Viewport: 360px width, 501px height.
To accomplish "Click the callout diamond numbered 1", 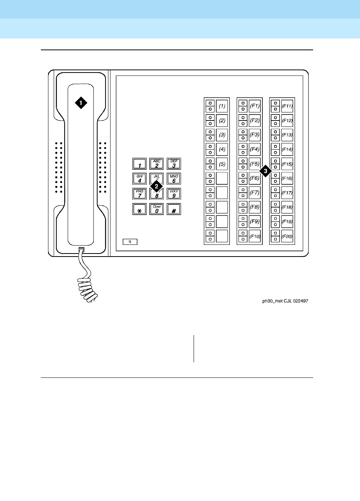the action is [81, 102].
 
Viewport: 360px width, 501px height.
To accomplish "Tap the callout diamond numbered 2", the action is [156, 186].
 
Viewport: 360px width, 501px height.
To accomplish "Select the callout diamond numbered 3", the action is [265, 171].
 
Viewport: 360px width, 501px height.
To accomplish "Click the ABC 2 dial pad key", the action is [157, 164].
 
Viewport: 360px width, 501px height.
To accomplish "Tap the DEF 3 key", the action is [174, 164].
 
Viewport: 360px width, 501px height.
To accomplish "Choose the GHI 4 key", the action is [139, 178].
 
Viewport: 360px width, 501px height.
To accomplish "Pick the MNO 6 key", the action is [174, 178].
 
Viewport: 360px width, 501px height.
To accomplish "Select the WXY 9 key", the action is [174, 193].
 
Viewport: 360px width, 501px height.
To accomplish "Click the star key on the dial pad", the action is [139, 209].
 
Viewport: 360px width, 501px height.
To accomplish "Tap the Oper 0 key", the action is [157, 209].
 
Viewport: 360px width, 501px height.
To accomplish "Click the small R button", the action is [130, 242].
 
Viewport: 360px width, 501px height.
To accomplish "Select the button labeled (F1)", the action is [255, 106].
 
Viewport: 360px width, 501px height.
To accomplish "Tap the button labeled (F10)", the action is [255, 237].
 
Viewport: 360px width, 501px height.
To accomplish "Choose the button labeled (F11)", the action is [287, 106].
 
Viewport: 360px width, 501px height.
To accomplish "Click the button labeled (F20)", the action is [287, 237].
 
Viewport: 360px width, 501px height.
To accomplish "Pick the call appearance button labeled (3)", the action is [222, 135].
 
